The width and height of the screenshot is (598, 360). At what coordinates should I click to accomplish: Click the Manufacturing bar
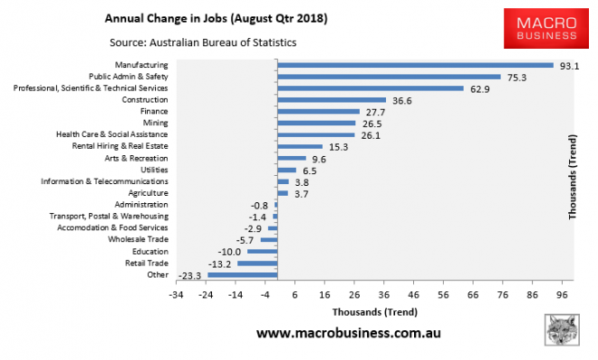click(414, 65)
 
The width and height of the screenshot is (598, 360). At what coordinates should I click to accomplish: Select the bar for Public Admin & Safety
click(388, 77)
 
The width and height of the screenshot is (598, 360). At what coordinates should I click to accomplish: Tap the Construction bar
click(331, 100)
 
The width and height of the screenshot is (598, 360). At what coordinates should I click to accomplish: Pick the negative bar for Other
click(241, 275)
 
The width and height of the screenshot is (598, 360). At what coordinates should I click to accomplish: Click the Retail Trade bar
click(256, 263)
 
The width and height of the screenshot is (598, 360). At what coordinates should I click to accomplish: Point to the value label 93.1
click(568, 65)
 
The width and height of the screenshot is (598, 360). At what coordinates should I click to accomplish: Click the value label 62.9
click(479, 89)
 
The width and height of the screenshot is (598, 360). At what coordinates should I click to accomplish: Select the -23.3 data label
click(190, 275)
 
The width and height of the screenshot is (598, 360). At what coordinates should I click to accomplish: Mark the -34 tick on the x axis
click(178, 295)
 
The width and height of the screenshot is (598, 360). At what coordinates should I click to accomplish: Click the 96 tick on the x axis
click(563, 295)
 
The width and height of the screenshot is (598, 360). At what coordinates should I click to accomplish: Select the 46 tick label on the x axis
click(414, 295)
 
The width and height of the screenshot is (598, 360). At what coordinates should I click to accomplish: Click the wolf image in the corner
click(564, 331)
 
